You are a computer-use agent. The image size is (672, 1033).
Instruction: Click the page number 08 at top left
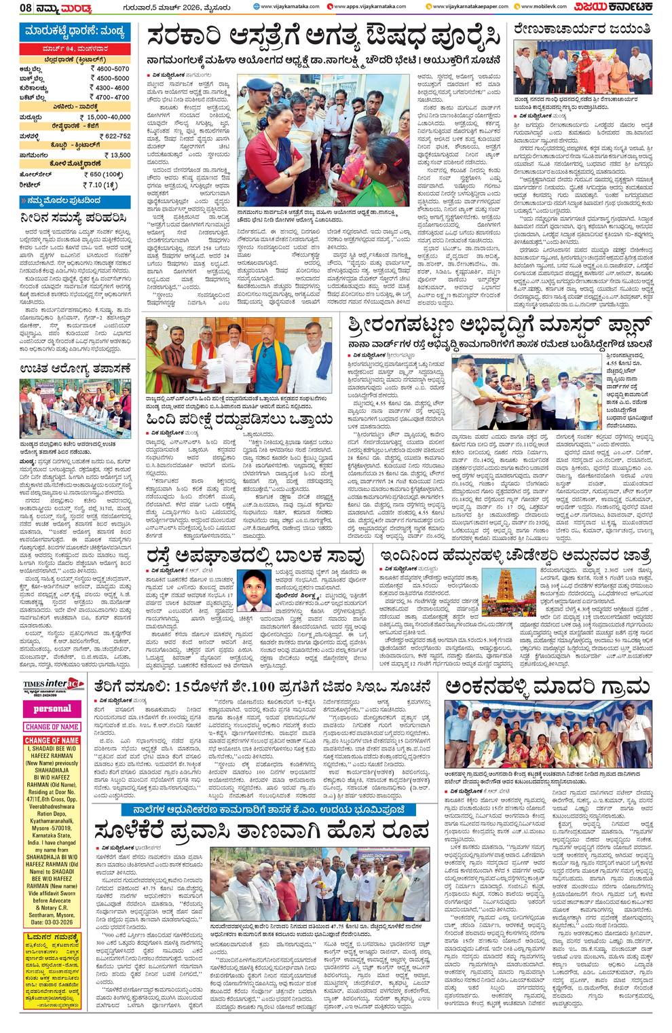(x=26, y=7)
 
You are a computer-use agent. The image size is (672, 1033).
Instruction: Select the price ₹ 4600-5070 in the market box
(x=112, y=69)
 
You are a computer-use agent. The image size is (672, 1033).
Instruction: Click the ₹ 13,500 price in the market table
(x=116, y=155)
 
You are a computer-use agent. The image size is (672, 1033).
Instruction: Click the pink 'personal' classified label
(x=52, y=708)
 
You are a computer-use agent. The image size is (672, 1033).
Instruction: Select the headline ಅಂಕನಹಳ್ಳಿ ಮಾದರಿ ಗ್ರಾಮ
(x=548, y=687)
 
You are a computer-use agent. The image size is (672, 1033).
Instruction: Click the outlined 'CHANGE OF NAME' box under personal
(x=52, y=727)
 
